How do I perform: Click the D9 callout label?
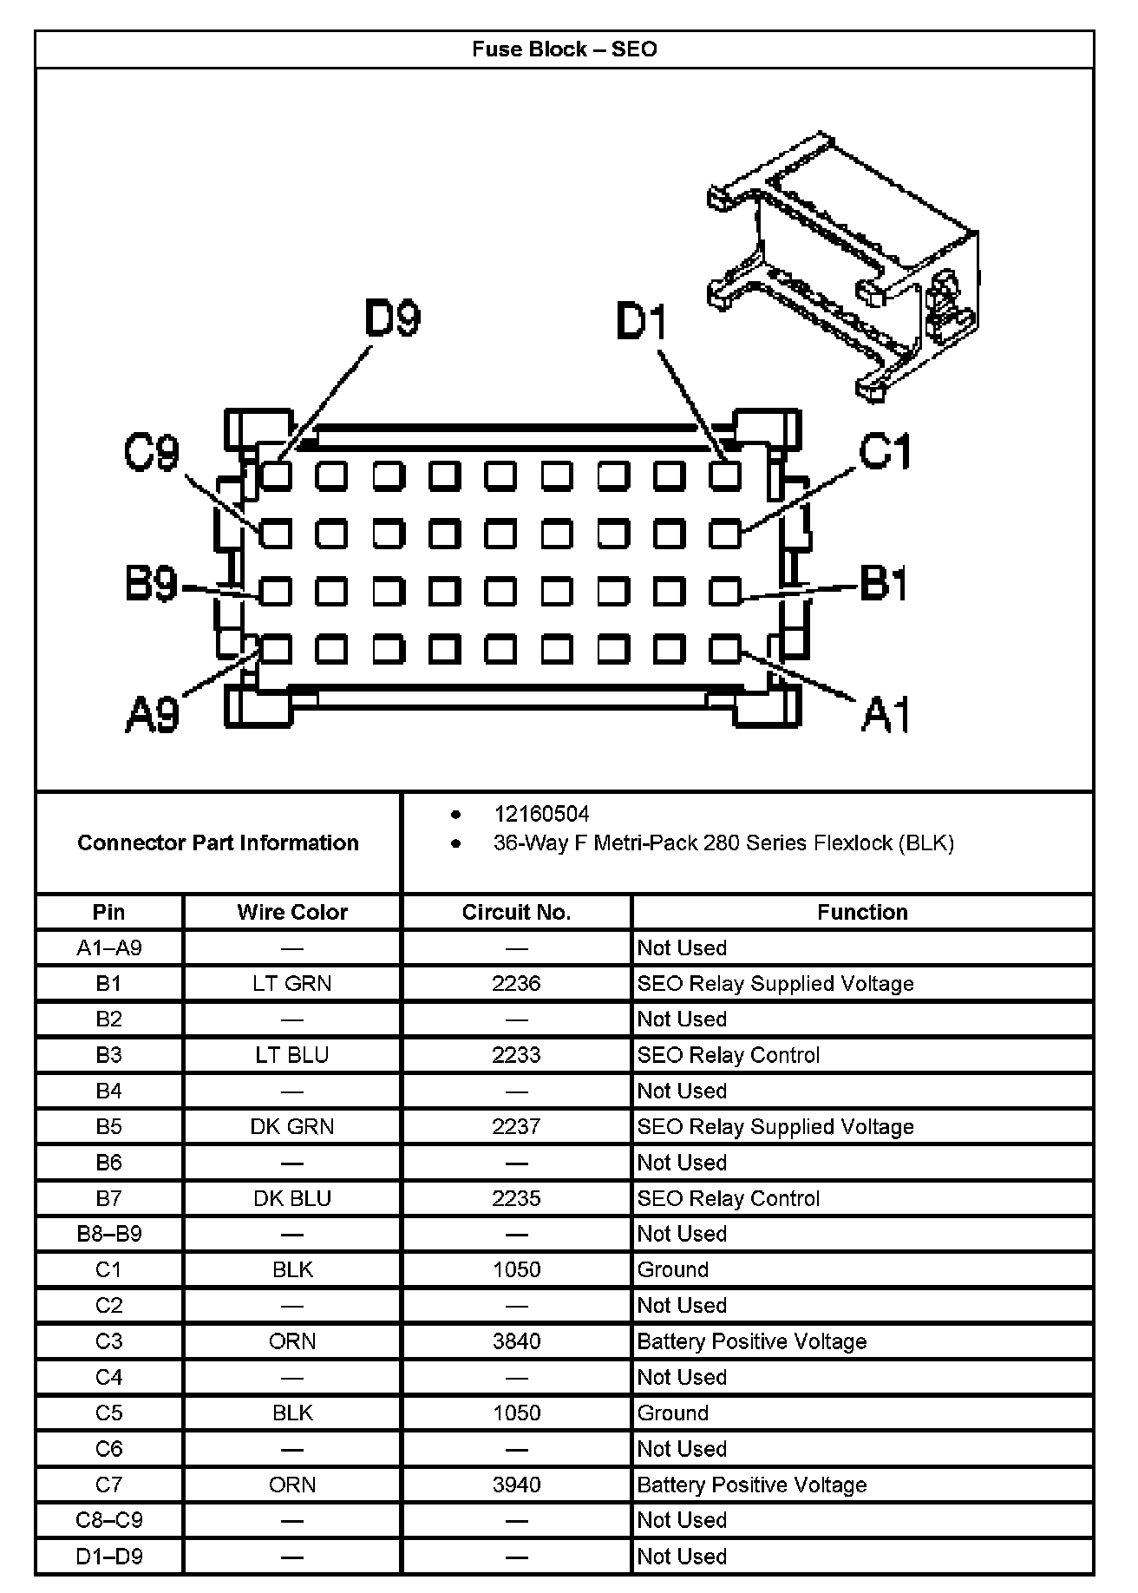[392, 319]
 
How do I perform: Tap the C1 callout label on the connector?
[885, 453]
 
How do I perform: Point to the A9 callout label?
[152, 715]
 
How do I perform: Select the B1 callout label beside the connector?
[883, 583]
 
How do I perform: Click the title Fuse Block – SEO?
[564, 49]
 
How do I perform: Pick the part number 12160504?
[541, 814]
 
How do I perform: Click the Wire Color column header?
[292, 912]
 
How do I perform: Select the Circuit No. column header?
[516, 912]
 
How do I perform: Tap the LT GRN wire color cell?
[292, 983]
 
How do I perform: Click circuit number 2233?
[516, 1055]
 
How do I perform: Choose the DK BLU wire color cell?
[292, 1198]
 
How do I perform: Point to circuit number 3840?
[516, 1341]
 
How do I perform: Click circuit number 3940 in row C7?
[516, 1485]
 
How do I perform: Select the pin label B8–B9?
[109, 1234]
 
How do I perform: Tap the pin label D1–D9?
[109, 1557]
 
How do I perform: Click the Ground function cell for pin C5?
[673, 1413]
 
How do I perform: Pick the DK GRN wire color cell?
[292, 1126]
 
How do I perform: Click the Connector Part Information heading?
[218, 842]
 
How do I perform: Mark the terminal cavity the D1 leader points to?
[725, 475]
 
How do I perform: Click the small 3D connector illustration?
[846, 265]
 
